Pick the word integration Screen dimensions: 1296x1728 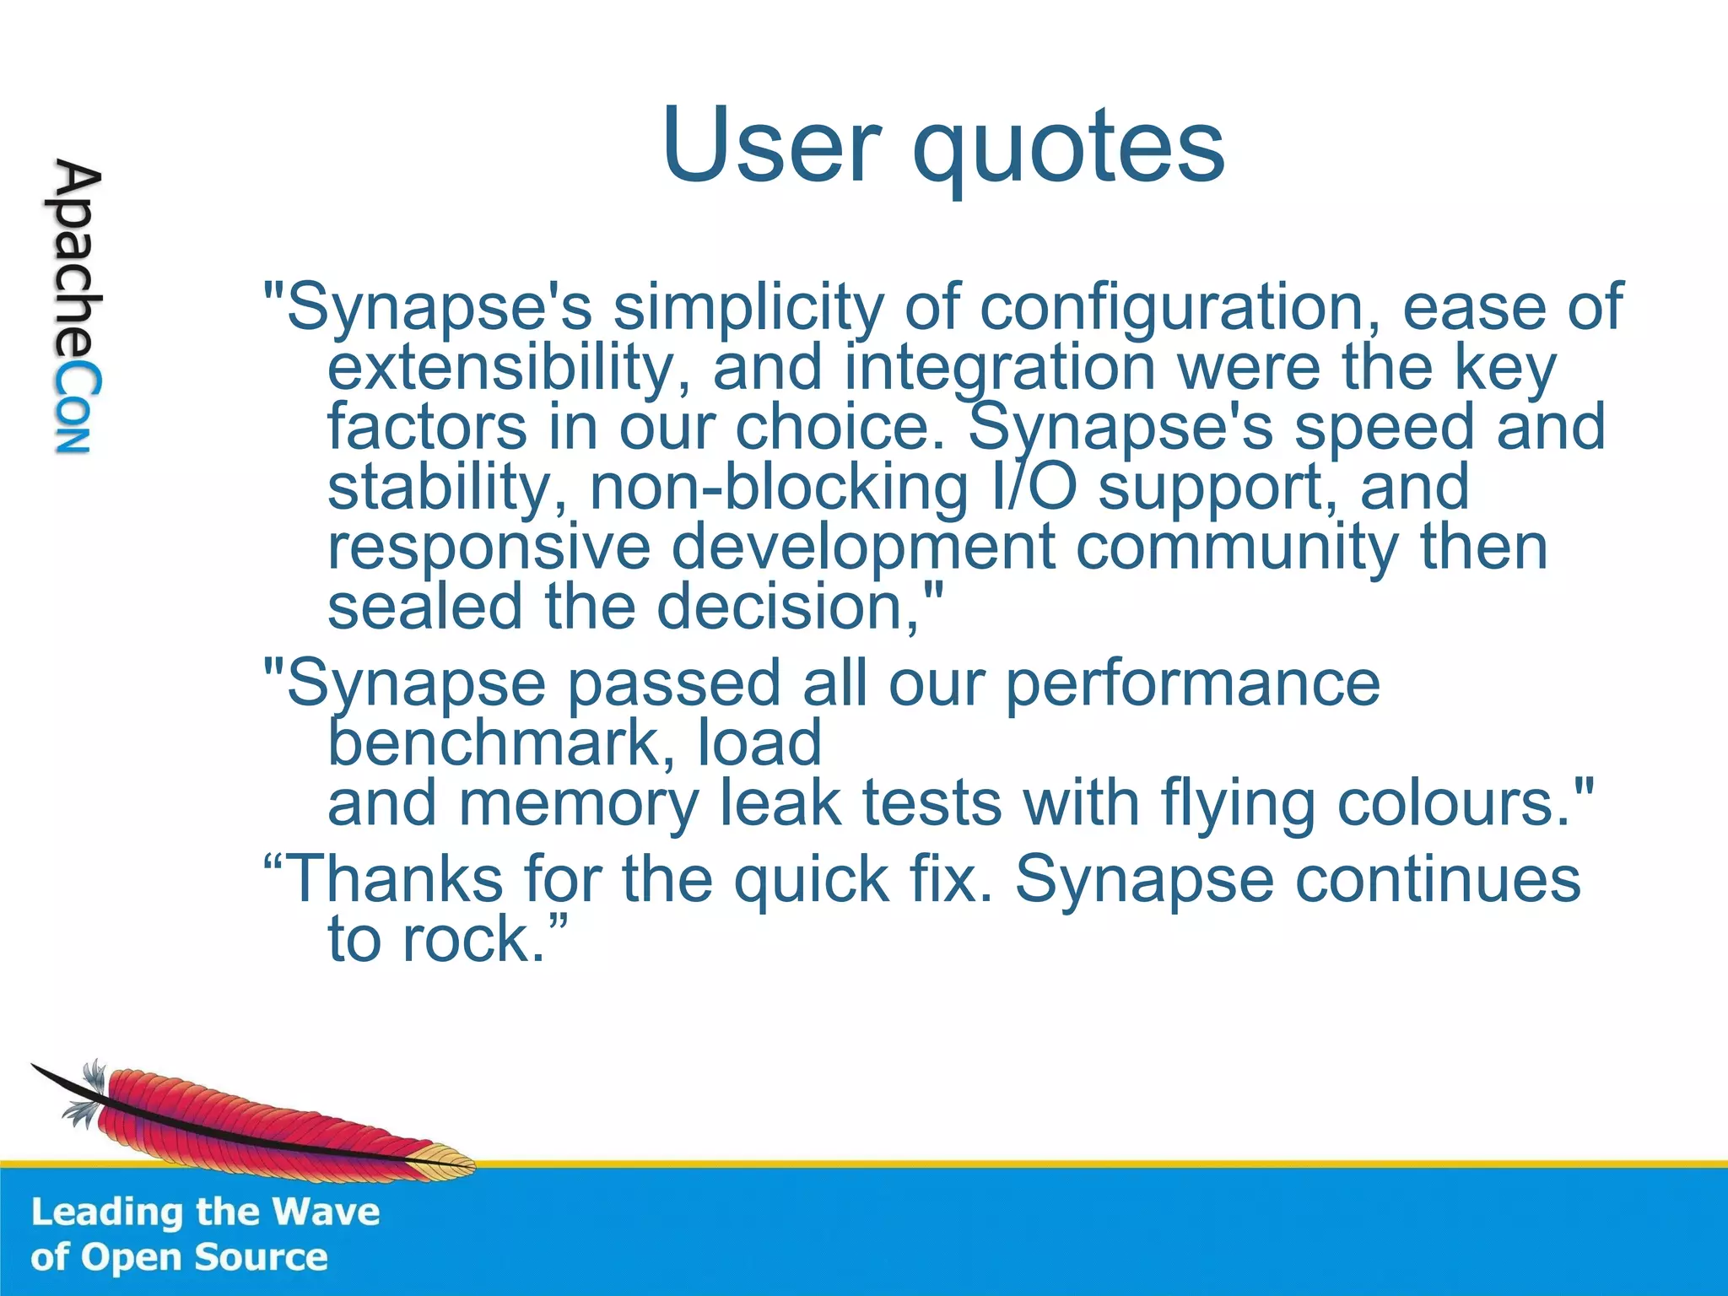999,368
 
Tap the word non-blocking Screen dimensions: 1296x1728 778,488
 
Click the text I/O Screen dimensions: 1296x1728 1034,488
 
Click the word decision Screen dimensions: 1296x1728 789,607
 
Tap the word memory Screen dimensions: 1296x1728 578,803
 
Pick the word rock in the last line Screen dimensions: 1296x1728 472,939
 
